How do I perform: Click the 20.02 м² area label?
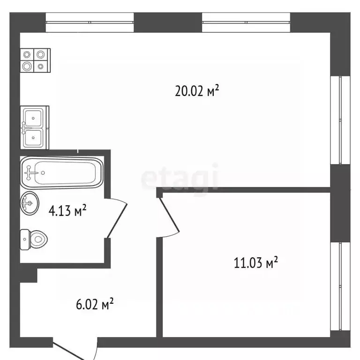pyautogui.click(x=197, y=90)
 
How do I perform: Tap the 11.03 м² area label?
pyautogui.click(x=256, y=262)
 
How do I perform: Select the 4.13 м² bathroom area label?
pyautogui.click(x=67, y=210)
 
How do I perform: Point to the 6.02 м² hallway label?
pyautogui.click(x=95, y=304)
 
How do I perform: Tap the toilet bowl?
pyautogui.click(x=34, y=239)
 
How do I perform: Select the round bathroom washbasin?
pyautogui.click(x=30, y=203)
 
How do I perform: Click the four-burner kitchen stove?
pyautogui.click(x=35, y=60)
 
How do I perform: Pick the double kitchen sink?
pyautogui.click(x=35, y=127)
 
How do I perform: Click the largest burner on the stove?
pyautogui.click(x=27, y=67)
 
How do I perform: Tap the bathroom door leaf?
pyautogui.click(x=117, y=220)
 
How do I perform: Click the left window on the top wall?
pyautogui.click(x=90, y=22)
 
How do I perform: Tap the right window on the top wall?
pyautogui.click(x=246, y=22)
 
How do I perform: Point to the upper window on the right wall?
pyautogui.click(x=340, y=120)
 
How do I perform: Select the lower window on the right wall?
pyautogui.click(x=340, y=286)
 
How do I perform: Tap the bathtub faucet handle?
pyautogui.click(x=29, y=172)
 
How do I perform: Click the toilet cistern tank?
pyautogui.click(x=25, y=240)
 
